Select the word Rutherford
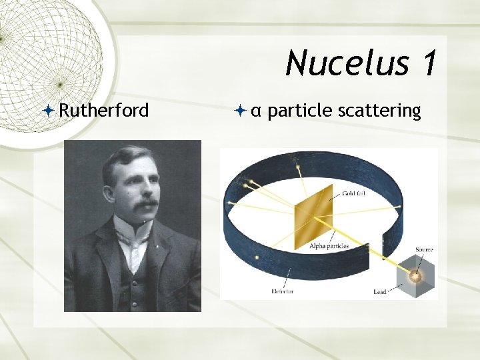pos(104,110)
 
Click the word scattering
pos(379,110)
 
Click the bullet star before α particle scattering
pos(241,111)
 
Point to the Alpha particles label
pos(329,246)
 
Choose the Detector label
pos(283,291)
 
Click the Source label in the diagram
pos(424,250)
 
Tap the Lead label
pos(380,291)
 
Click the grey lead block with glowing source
pos(415,275)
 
